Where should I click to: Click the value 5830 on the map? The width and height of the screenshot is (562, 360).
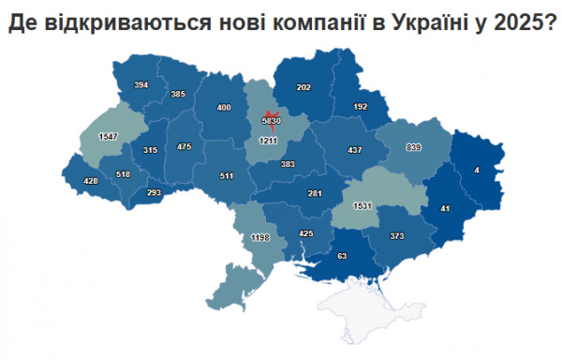270,122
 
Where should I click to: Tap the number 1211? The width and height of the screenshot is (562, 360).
269,141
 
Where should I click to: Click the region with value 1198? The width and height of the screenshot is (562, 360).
260,239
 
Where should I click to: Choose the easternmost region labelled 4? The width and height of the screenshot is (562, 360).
477,170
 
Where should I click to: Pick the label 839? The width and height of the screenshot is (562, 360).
413,148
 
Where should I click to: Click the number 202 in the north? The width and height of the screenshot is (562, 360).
303,87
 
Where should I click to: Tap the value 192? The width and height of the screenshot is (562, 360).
360,107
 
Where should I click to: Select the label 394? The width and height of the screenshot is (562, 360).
141,85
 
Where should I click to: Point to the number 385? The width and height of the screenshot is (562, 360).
178,94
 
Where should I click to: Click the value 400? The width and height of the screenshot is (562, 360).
224,108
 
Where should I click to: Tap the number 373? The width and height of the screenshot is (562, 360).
396,236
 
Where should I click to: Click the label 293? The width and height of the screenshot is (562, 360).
154,193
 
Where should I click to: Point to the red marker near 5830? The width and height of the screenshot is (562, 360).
270,114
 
